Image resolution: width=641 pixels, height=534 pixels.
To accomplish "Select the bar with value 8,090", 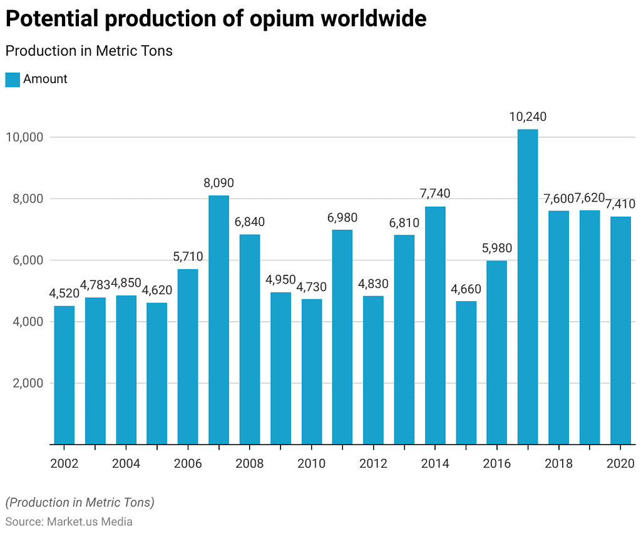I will click(218, 320).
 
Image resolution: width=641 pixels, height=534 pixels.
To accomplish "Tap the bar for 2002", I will click(64, 375).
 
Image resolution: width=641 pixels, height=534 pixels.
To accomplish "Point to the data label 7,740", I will click(435, 193).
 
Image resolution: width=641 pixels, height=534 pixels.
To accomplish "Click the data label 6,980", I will click(342, 217).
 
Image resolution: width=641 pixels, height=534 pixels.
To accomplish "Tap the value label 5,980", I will click(496, 248).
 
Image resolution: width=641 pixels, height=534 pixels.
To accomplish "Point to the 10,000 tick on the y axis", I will click(24, 137).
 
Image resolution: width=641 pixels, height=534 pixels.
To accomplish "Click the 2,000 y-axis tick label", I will click(28, 383).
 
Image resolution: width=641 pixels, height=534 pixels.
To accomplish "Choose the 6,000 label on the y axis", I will click(28, 260).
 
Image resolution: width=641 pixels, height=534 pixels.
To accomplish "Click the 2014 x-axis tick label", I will click(435, 464).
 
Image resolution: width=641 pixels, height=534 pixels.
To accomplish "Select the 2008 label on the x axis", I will click(249, 464).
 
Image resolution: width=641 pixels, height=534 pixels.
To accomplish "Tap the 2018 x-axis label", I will click(558, 464).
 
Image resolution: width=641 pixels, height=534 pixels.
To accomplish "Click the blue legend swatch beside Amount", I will click(13, 80).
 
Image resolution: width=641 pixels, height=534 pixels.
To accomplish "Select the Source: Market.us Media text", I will click(69, 521).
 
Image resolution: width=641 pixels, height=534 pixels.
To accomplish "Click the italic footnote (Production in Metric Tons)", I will click(79, 502).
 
